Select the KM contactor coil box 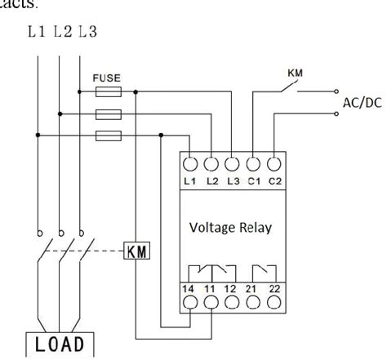point(136,249)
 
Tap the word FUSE point(107,78)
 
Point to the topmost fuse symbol point(107,92)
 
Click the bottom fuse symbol point(107,135)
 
